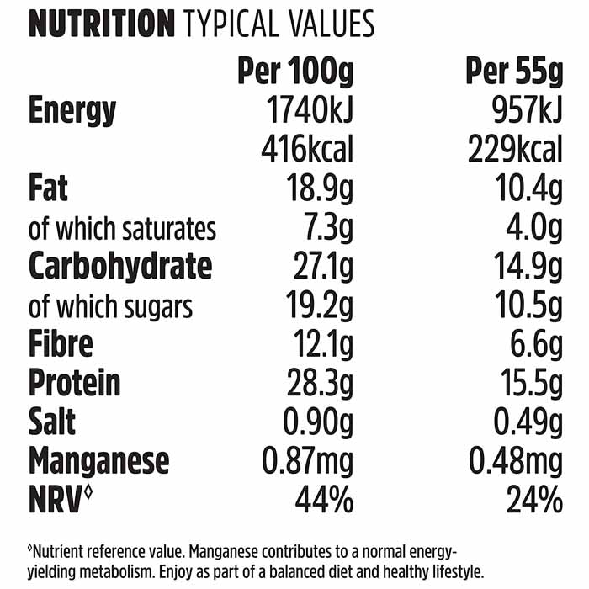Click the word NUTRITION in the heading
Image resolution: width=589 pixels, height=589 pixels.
coord(102,24)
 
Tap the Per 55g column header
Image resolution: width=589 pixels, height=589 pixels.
coord(513,73)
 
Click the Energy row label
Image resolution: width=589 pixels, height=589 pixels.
coord(73,110)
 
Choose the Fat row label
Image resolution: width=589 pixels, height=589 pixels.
coord(49,188)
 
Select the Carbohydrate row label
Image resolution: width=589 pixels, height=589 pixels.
coord(120,267)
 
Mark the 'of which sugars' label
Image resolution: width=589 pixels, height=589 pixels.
coord(110,306)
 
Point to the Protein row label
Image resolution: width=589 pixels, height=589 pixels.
coord(75,384)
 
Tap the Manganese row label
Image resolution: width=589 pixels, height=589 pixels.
coord(99,461)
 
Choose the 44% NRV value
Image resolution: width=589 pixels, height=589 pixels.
coord(324,501)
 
